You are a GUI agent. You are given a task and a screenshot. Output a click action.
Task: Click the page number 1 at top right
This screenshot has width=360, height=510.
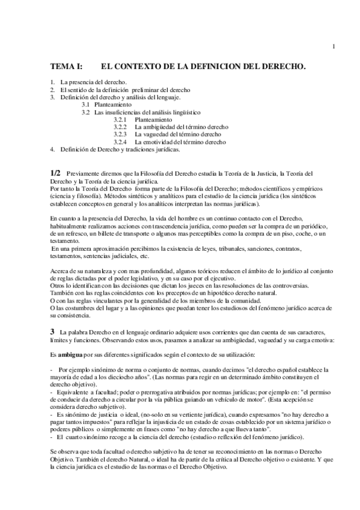[x=334, y=47]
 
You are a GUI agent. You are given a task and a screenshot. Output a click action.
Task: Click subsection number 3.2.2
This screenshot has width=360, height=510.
[x=120, y=127]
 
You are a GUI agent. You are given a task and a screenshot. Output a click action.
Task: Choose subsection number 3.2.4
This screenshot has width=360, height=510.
[x=120, y=142]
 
